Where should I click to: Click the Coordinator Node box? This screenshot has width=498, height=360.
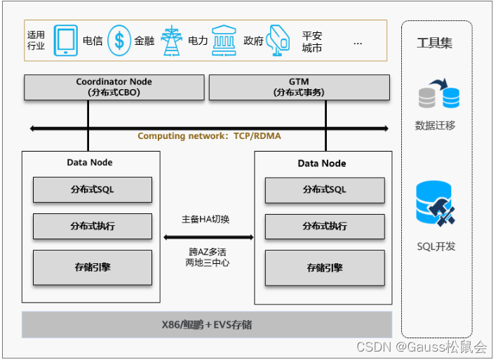pyautogui.click(x=114, y=87)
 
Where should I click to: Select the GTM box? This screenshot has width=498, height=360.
pyautogui.click(x=299, y=87)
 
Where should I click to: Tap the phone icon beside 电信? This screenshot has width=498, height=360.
pyautogui.click(x=66, y=40)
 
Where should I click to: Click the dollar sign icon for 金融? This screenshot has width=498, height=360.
pyautogui.click(x=120, y=40)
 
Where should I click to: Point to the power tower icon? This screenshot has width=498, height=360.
pyautogui.click(x=171, y=40)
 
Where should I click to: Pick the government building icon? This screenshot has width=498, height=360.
pyautogui.click(x=224, y=40)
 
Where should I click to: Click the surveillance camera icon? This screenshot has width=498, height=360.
pyautogui.click(x=278, y=40)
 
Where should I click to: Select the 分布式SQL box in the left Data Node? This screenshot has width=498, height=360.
pyautogui.click(x=92, y=189)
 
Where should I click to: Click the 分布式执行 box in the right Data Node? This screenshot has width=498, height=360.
pyautogui.click(x=324, y=227)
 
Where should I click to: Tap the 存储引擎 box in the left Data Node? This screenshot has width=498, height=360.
pyautogui.click(x=92, y=267)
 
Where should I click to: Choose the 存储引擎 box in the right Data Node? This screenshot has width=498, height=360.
pyautogui.click(x=324, y=267)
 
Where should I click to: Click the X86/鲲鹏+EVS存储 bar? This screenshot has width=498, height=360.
pyautogui.click(x=207, y=325)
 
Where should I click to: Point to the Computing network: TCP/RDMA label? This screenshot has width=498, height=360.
pyautogui.click(x=209, y=136)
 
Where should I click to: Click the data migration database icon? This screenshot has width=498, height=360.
pyautogui.click(x=438, y=95)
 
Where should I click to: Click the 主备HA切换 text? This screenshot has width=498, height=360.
pyautogui.click(x=206, y=220)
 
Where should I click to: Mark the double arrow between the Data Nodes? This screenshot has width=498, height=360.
pyautogui.click(x=208, y=237)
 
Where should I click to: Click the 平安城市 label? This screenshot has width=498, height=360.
pyautogui.click(x=311, y=41)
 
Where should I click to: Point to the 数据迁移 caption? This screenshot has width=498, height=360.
pyautogui.click(x=435, y=126)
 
